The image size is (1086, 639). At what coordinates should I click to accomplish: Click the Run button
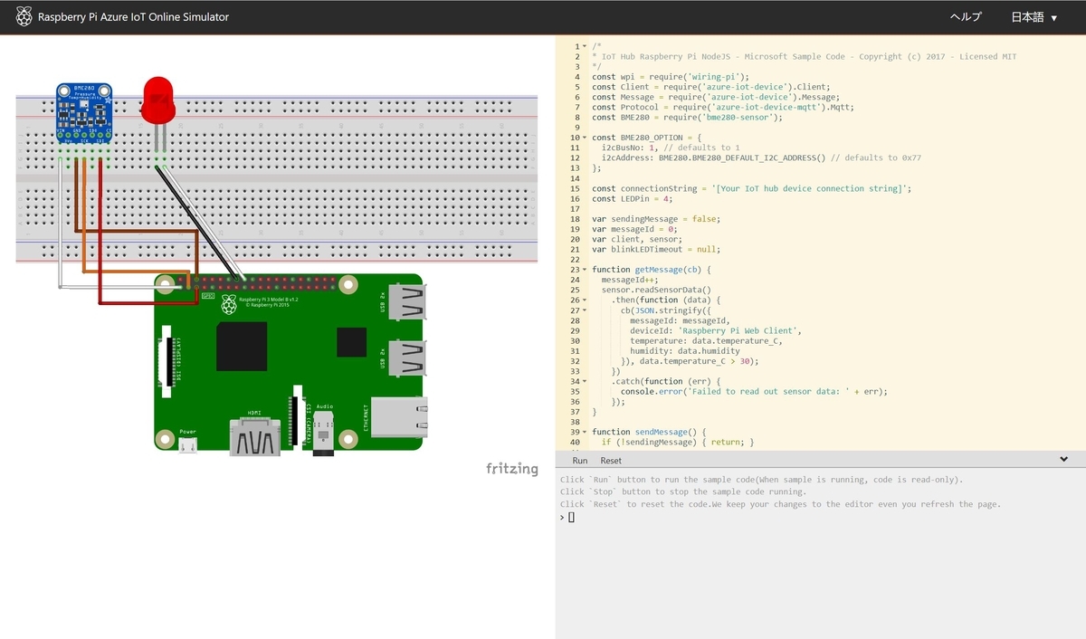[x=579, y=461]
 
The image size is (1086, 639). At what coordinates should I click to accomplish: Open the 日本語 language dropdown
[x=1034, y=17]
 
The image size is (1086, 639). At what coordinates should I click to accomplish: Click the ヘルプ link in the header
[x=965, y=17]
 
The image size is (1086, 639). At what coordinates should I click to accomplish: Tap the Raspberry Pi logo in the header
[x=24, y=17]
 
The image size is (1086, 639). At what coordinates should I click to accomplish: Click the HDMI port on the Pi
[x=255, y=437]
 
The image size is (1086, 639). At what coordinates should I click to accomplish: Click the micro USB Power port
[x=187, y=444]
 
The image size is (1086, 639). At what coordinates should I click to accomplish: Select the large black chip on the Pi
[x=242, y=346]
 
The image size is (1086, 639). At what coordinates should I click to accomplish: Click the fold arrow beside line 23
[x=585, y=270]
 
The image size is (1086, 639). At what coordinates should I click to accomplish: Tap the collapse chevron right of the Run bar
[x=1063, y=460]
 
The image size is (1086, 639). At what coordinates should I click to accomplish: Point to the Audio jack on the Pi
[x=323, y=435]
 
